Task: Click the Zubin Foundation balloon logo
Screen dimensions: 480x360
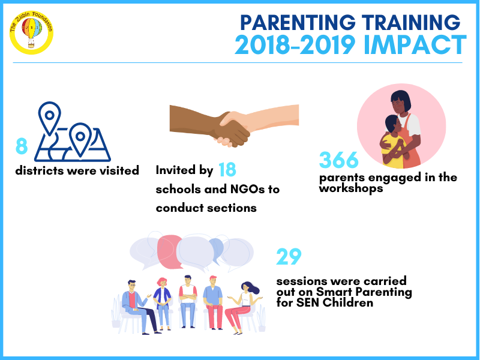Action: tap(32, 32)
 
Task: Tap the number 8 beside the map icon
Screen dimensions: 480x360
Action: tap(22, 146)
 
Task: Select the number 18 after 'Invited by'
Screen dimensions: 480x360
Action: tap(227, 170)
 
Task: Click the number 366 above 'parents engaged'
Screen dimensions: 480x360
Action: tap(338, 160)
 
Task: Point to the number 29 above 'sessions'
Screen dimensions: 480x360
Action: tap(289, 257)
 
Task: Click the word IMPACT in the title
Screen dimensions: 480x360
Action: tap(415, 44)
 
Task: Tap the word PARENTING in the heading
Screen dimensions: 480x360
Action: tap(298, 22)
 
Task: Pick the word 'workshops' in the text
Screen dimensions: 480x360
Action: tap(351, 188)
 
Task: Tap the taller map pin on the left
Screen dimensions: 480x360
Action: tap(49, 118)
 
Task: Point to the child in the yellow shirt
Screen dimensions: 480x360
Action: tap(394, 142)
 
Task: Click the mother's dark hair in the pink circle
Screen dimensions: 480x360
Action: tap(401, 100)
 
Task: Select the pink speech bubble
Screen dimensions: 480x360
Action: tap(169, 251)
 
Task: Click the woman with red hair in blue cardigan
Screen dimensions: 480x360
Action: tap(163, 304)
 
